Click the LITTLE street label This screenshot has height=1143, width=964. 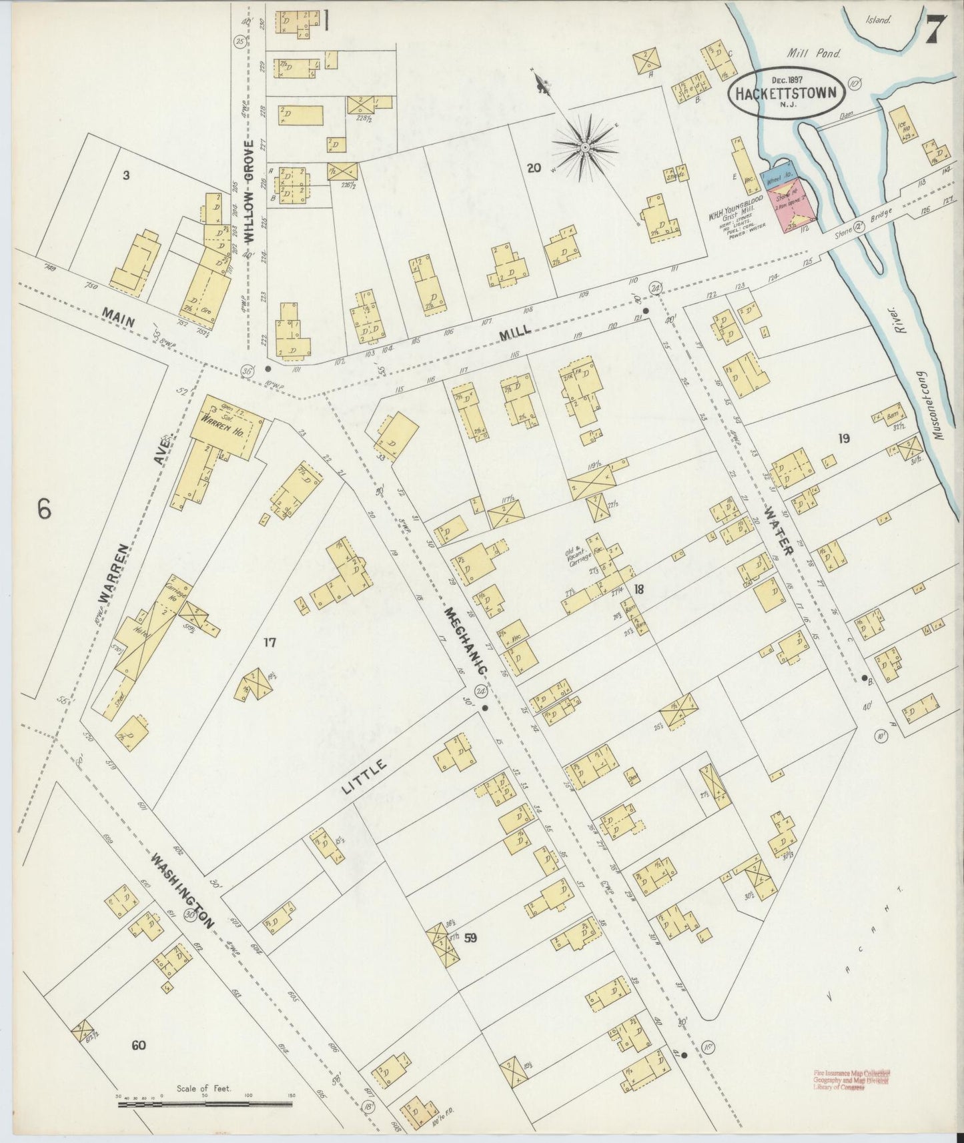(364, 776)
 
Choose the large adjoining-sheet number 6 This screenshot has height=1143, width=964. (44, 509)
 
